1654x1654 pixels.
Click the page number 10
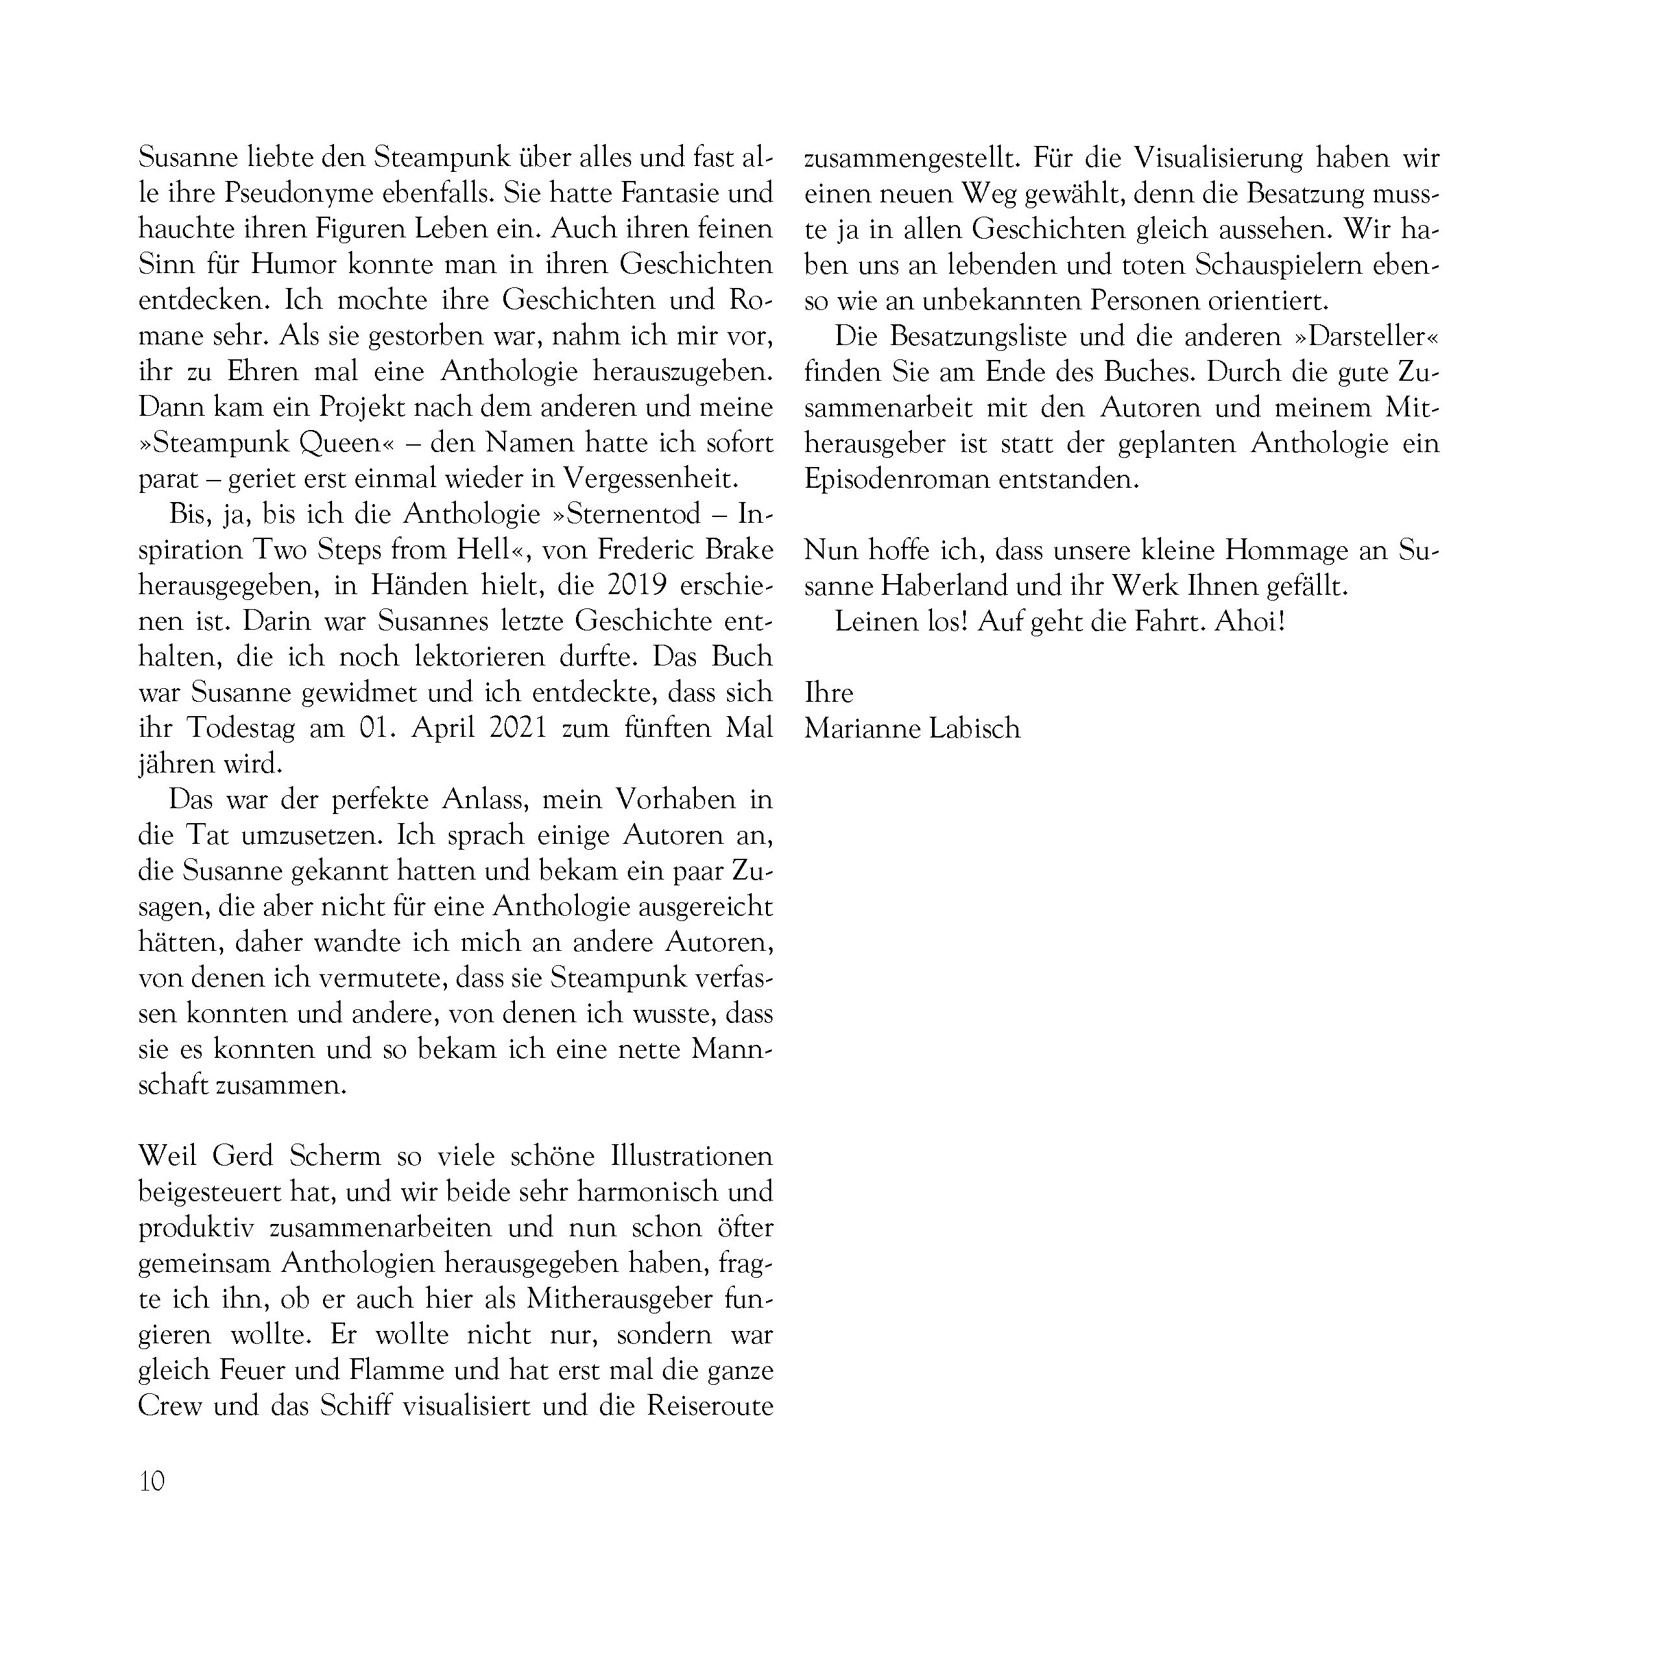tap(152, 1480)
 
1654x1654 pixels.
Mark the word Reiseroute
tap(710, 1406)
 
